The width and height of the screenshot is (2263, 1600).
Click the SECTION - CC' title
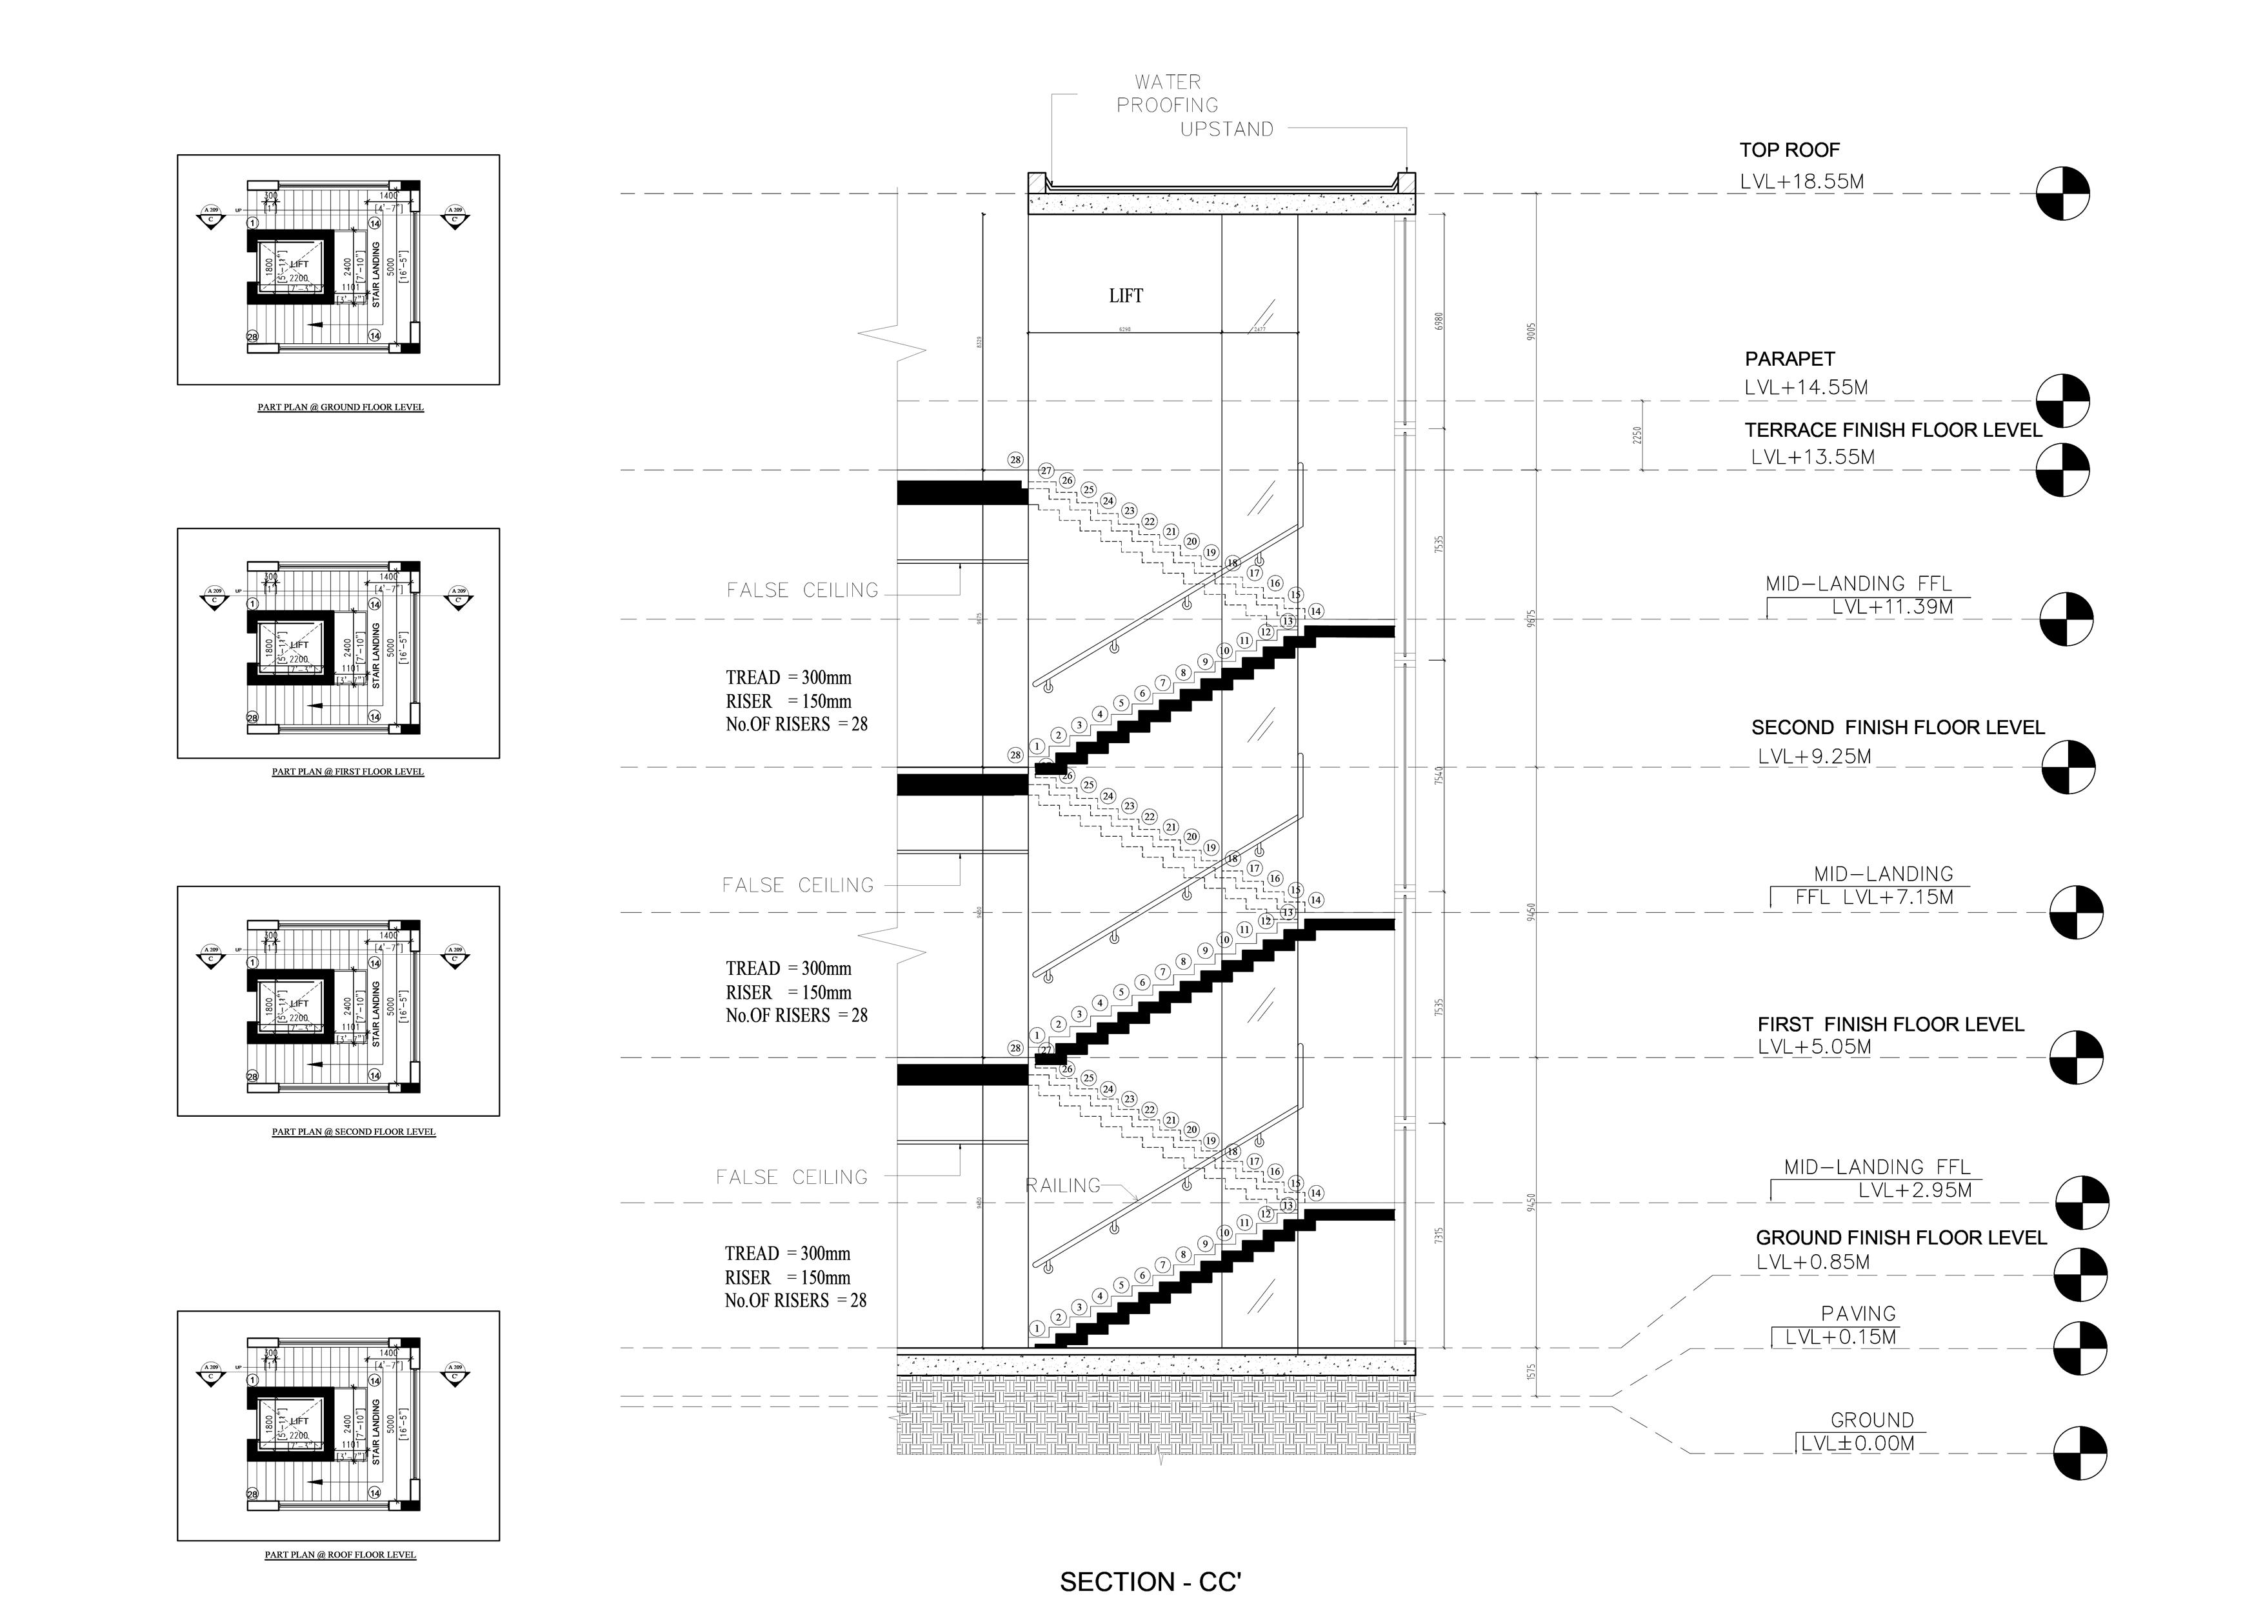coord(1150,1581)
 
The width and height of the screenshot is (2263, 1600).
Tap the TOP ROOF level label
coord(1789,150)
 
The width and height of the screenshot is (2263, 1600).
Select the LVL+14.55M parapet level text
coord(1806,388)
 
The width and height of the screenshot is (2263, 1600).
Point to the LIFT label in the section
coord(1126,295)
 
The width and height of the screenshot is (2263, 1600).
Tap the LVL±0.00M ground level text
coord(1858,1445)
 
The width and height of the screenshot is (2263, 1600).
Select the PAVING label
coord(1858,1314)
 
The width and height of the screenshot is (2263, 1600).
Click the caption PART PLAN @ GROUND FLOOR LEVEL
coord(341,407)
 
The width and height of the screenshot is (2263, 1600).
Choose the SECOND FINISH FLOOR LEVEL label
coord(1897,728)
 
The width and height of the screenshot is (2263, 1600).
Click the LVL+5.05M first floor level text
coord(1815,1047)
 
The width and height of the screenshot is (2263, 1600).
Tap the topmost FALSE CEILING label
coord(803,590)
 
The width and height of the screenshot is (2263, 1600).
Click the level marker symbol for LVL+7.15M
coord(2076,913)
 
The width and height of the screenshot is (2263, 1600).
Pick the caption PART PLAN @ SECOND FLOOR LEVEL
coord(354,1132)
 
